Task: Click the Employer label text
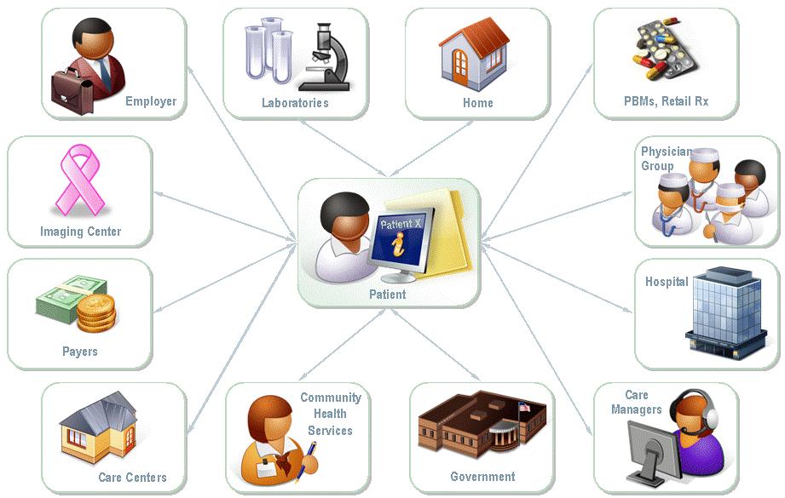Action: point(150,101)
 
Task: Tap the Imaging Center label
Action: point(80,232)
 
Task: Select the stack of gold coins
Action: point(95,312)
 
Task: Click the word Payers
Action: point(79,352)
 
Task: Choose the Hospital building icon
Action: point(720,310)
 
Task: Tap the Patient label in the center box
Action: point(387,295)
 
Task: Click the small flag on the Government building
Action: point(524,408)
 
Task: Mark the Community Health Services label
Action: point(330,415)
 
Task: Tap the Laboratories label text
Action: point(295,103)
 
